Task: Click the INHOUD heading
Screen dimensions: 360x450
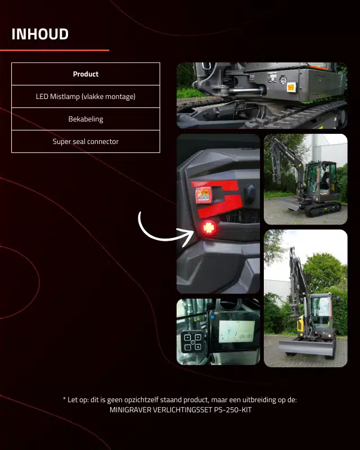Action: (x=40, y=34)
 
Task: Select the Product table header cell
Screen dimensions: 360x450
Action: (x=85, y=74)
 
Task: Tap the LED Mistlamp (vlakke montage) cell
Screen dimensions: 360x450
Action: (x=85, y=96)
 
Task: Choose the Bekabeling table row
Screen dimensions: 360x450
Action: (x=85, y=119)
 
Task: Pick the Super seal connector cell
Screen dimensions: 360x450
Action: (x=85, y=142)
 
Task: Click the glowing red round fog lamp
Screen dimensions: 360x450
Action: (x=209, y=228)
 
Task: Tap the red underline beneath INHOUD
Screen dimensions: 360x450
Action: (x=55, y=51)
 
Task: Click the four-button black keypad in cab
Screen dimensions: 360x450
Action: (x=193, y=341)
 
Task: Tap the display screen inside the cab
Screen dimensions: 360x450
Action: (x=237, y=332)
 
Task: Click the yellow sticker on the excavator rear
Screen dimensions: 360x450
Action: (x=291, y=87)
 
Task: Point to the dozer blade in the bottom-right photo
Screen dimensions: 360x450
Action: (x=307, y=347)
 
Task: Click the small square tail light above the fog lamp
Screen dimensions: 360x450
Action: (x=204, y=195)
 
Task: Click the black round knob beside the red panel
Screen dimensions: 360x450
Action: (x=250, y=193)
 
